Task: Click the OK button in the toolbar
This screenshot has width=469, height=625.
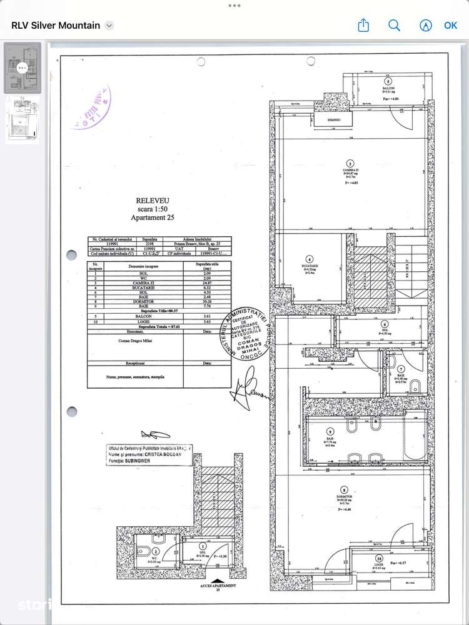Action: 450,26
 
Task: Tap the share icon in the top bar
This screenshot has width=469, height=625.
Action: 363,26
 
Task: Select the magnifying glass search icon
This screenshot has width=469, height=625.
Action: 394,26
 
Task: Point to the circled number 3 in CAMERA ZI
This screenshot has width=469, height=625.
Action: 350,164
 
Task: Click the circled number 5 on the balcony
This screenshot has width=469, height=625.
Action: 388,82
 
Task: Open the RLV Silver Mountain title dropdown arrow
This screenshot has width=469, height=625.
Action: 109,26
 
